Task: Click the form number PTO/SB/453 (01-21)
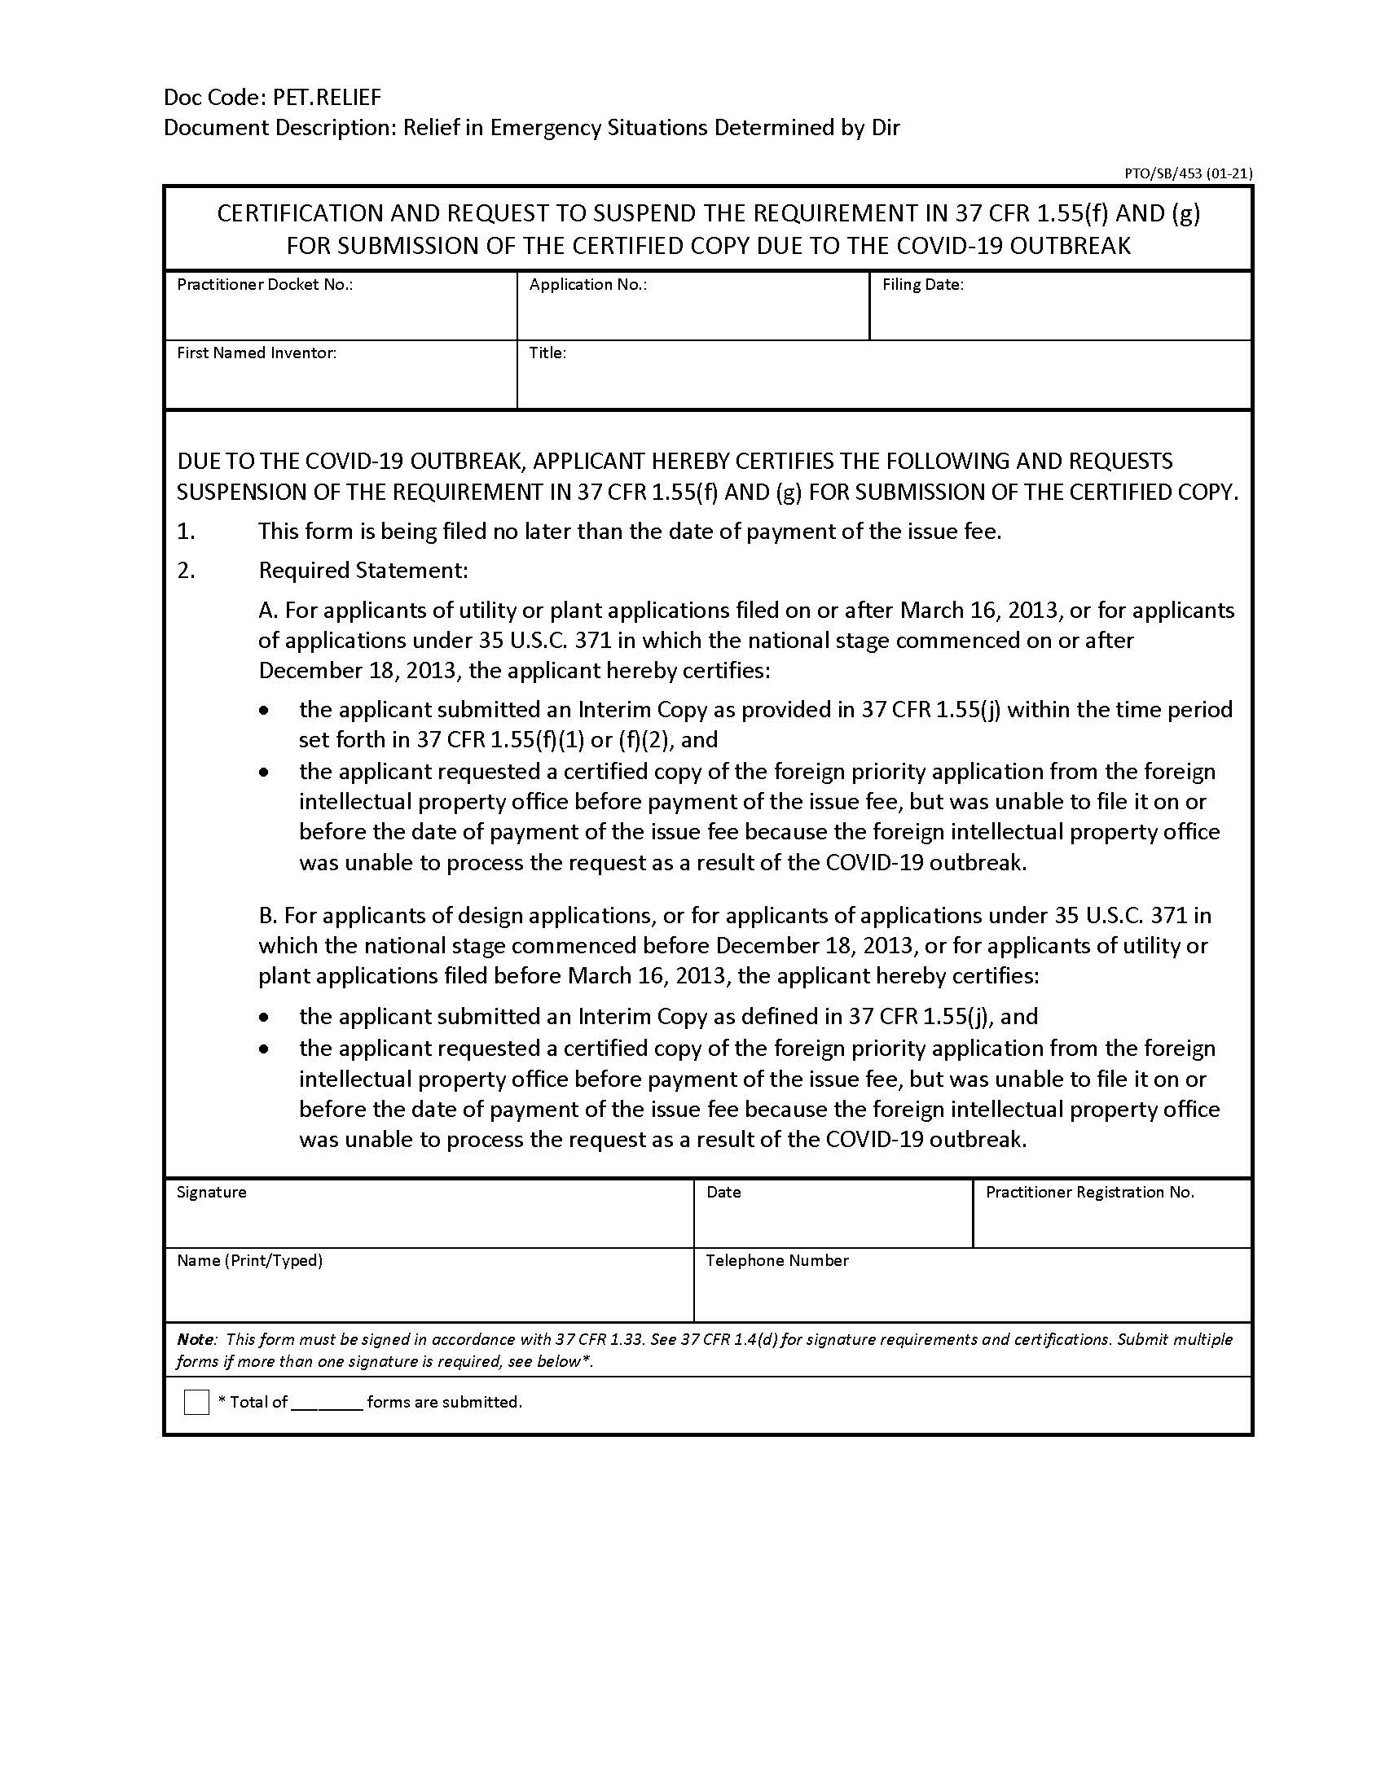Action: click(x=1187, y=173)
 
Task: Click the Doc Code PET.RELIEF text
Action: click(x=272, y=98)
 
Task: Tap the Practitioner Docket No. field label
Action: click(x=264, y=285)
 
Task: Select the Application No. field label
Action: click(x=587, y=285)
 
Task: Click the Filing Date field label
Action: click(x=922, y=285)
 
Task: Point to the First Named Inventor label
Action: click(x=256, y=353)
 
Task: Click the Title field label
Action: click(x=547, y=353)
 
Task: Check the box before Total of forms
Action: click(x=197, y=1402)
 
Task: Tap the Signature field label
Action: click(x=211, y=1192)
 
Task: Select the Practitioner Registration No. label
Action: click(x=1089, y=1192)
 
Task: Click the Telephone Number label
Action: click(x=776, y=1259)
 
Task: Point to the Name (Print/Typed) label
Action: click(x=249, y=1259)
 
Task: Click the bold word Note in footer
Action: click(x=196, y=1339)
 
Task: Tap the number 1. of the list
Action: click(x=187, y=532)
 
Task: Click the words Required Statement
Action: click(x=363, y=570)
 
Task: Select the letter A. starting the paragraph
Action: click(x=269, y=610)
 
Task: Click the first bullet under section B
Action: click(x=263, y=1018)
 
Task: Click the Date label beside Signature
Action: click(x=723, y=1192)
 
